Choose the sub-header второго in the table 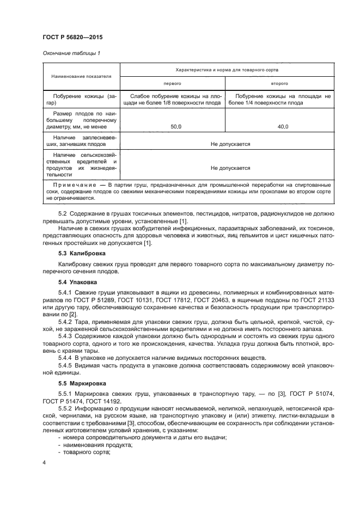pyautogui.click(x=279, y=84)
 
